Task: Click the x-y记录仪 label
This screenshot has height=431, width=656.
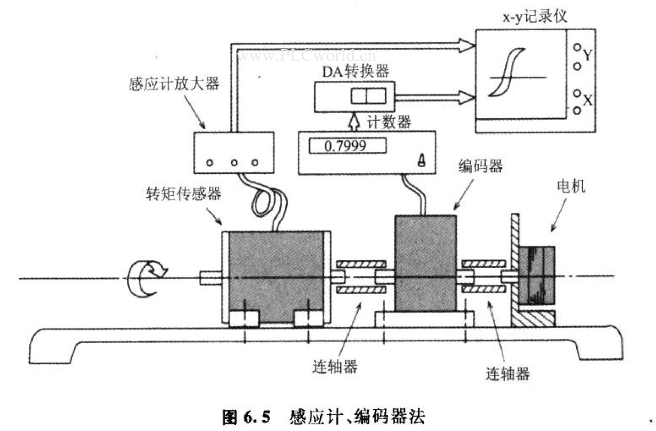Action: pos(534,16)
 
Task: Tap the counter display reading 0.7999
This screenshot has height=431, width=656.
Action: pos(347,146)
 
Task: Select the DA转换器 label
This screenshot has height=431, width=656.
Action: pos(355,71)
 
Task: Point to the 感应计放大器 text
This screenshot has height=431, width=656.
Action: pos(174,83)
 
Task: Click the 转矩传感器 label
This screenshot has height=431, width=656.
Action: pos(184,193)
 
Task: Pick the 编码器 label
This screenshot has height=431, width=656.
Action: pos(480,166)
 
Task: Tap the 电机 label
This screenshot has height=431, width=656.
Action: pos(571,186)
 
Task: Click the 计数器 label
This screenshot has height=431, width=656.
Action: pos(389,122)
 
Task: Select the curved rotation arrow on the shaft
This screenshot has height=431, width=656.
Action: pos(146,279)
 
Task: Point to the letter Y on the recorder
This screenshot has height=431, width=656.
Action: pos(588,55)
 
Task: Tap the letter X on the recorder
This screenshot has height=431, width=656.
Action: pos(588,100)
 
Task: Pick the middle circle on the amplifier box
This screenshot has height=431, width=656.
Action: pos(234,163)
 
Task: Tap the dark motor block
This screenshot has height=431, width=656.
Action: pos(536,275)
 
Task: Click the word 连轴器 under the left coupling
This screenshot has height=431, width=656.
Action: pos(334,366)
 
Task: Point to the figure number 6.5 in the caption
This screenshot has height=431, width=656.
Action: pos(257,417)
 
